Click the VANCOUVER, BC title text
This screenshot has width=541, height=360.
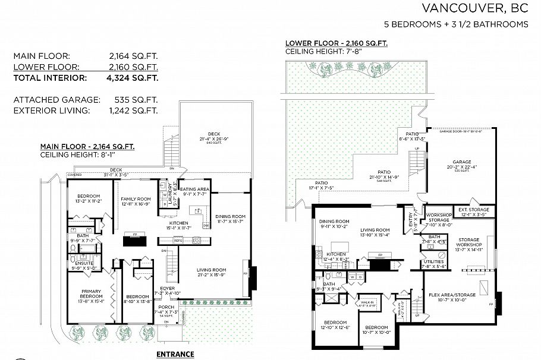474,8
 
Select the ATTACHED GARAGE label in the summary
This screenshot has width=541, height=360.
50,100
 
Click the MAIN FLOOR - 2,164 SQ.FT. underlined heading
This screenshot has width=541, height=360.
87,146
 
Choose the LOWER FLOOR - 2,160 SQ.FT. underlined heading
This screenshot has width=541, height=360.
336,43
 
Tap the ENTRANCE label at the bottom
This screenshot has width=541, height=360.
175,354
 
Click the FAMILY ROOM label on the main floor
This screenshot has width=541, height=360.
136,199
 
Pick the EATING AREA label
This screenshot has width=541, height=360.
194,189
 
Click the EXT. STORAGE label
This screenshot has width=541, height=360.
474,210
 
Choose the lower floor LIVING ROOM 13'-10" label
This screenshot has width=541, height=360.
374,230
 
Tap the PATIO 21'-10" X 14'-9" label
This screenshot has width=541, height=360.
386,175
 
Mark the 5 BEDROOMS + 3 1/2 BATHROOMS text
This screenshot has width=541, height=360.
456,24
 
